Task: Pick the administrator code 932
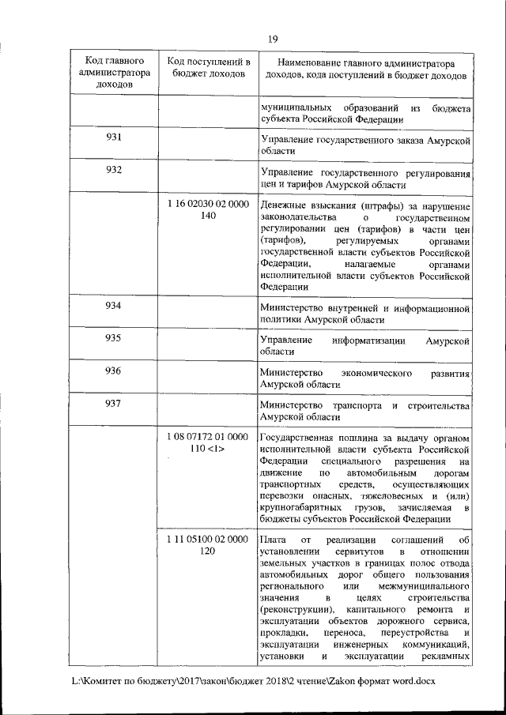(x=113, y=170)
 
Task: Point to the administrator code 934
(x=113, y=305)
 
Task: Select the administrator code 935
(x=113, y=337)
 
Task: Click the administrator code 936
(x=113, y=370)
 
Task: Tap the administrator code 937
(x=113, y=403)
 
